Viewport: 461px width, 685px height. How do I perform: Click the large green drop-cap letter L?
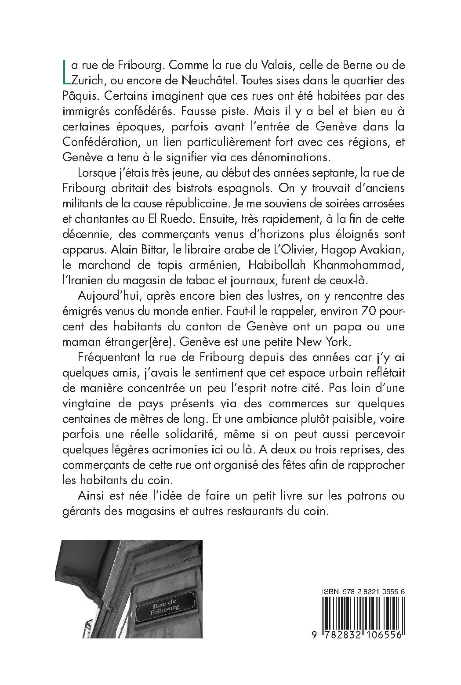coord(66,72)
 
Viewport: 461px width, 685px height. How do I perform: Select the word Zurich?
coord(88,81)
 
